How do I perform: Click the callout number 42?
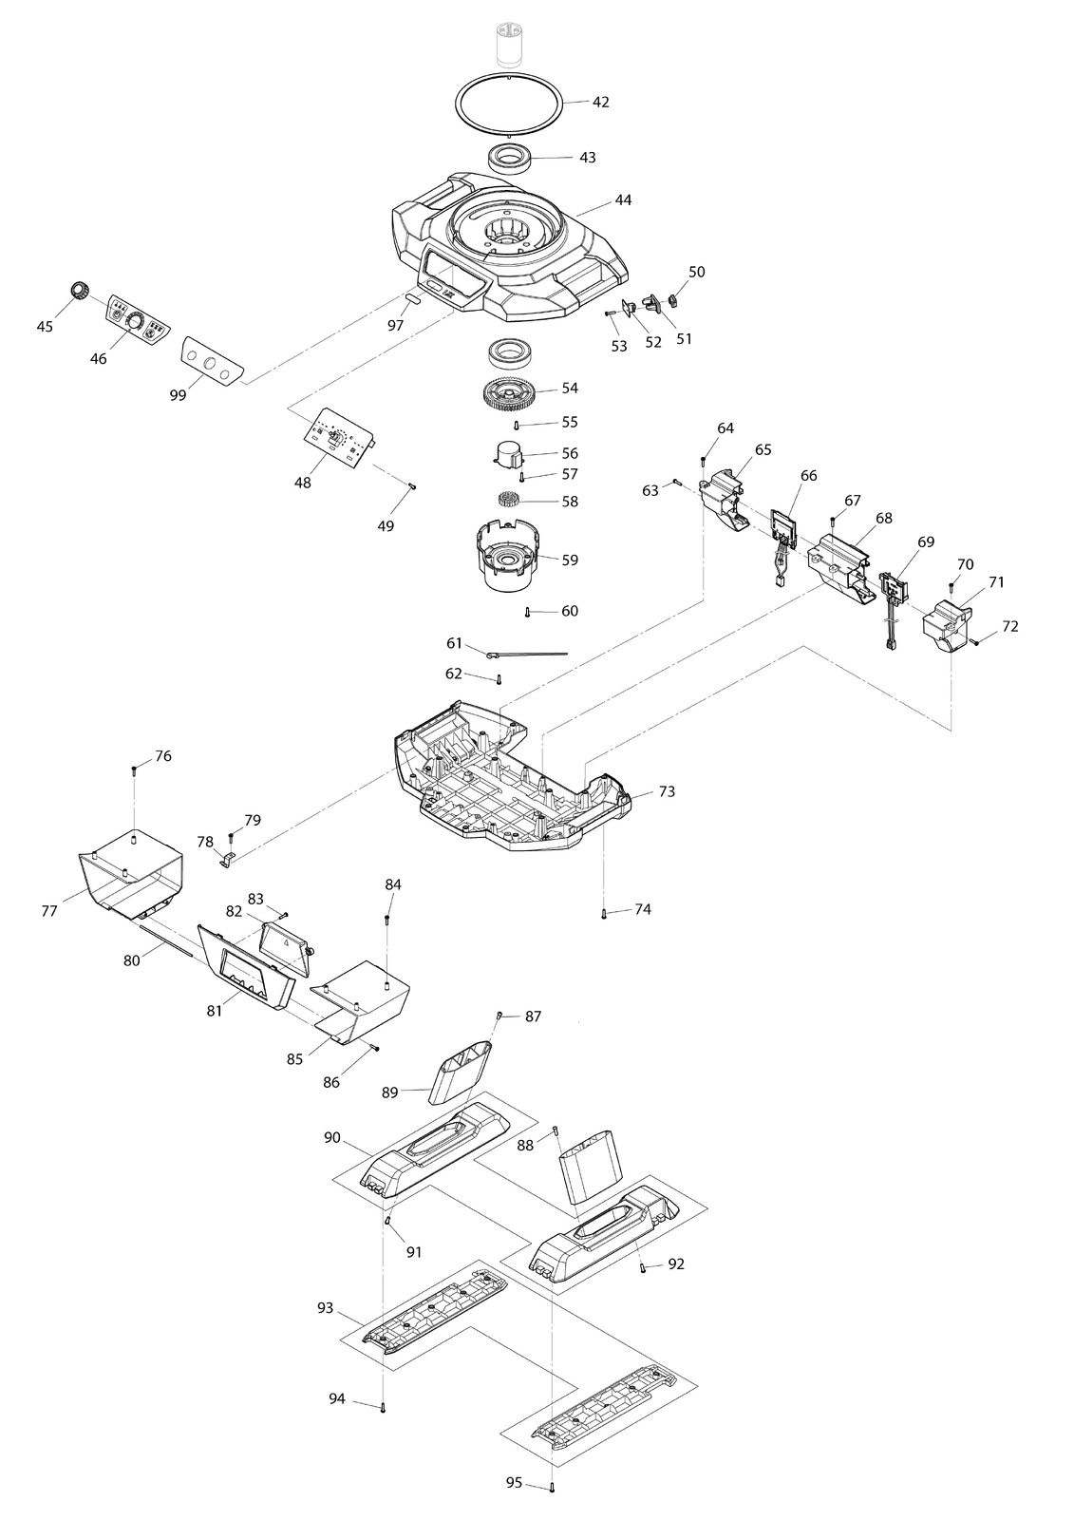click(600, 102)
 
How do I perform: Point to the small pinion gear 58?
click(508, 501)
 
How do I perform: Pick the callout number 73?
click(667, 791)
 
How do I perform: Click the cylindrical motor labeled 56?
click(509, 452)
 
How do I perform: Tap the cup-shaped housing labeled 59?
click(509, 556)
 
